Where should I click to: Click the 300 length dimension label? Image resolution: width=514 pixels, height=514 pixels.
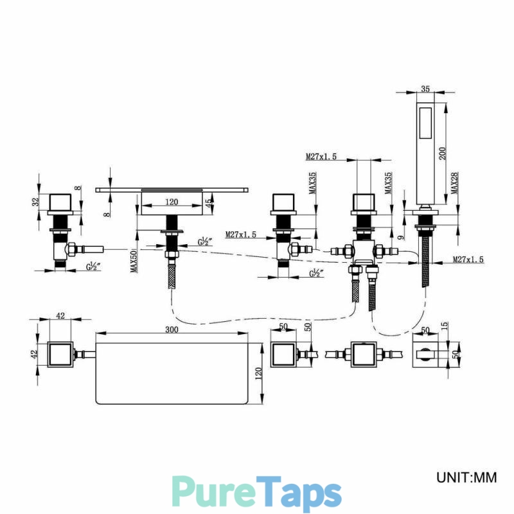pos(172,329)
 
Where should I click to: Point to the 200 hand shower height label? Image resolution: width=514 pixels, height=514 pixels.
pos(442,153)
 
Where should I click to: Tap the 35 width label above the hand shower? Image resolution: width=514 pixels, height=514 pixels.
pos(425,89)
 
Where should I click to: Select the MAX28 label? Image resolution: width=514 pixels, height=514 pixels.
pos(455,183)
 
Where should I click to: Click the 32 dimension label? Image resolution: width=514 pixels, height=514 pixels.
pos(36,200)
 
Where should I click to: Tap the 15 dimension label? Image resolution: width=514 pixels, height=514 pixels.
pos(445,326)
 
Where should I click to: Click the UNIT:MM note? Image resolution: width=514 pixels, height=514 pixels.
pos(466,477)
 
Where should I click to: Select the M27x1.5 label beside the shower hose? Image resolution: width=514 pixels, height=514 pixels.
pos(468,260)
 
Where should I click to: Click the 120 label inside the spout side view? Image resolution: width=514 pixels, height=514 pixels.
pos(172,202)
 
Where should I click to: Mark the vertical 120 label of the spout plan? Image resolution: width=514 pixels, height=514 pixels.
pos(258,374)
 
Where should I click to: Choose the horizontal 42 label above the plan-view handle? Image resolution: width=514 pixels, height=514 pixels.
pos(60,315)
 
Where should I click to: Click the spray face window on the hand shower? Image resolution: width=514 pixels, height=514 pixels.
pos(425,124)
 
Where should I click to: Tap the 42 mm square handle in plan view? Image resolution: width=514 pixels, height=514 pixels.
pos(60,355)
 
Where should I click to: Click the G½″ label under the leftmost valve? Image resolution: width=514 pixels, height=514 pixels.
pos(93,267)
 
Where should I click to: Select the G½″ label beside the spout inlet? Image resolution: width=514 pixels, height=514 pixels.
pos(204,242)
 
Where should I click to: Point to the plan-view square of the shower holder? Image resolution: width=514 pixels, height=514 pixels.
pos(425,355)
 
